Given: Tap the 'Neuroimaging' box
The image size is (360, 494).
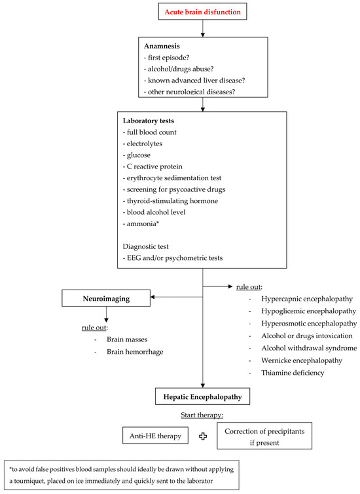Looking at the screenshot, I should point(105,299).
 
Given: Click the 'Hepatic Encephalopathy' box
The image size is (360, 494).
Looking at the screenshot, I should point(203,396).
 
